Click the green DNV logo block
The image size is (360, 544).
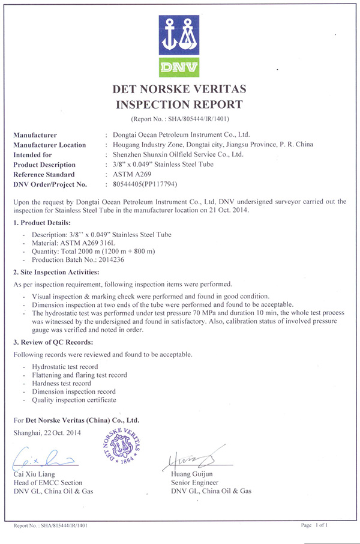pos(179,65)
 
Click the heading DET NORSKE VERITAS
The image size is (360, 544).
pos(179,90)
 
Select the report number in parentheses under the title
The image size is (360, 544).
pos(179,119)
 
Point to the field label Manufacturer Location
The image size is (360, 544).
pos(50,145)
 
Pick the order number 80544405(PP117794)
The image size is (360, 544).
pos(141,184)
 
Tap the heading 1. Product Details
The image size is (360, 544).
pos(43,222)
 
